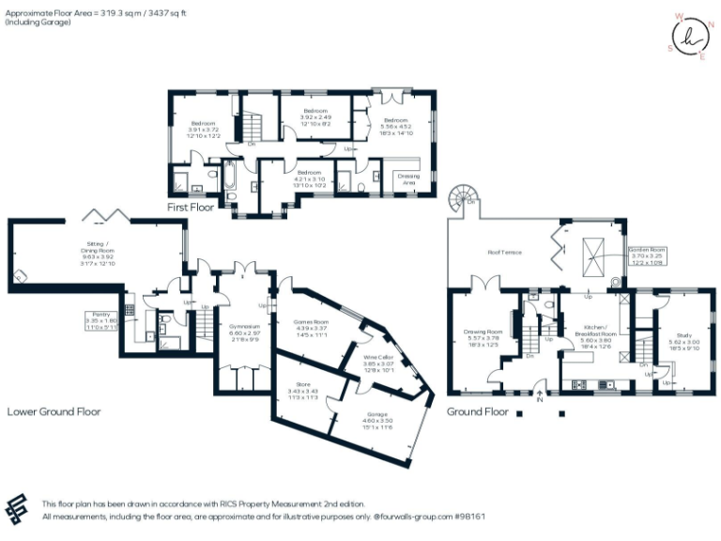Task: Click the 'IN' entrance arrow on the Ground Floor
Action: (x=540, y=396)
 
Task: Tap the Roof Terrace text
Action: (x=504, y=253)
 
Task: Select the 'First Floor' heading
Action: (x=191, y=207)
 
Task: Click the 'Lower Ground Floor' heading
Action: (x=54, y=411)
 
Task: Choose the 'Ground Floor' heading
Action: (x=478, y=411)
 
